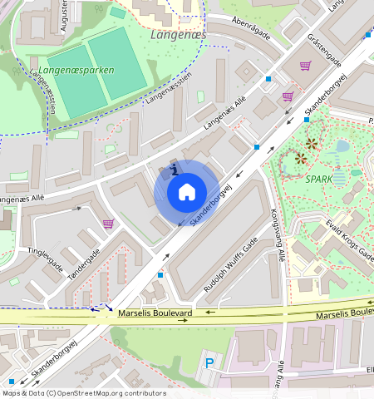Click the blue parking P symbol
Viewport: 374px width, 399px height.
click(209, 363)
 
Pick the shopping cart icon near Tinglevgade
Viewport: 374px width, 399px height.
click(107, 223)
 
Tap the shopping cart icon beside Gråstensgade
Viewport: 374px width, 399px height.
click(305, 66)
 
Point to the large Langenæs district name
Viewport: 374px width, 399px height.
click(178, 35)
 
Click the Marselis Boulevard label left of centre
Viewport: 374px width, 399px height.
click(155, 313)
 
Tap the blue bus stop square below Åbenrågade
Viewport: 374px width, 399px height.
click(268, 79)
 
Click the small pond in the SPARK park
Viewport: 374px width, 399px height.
click(342, 147)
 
